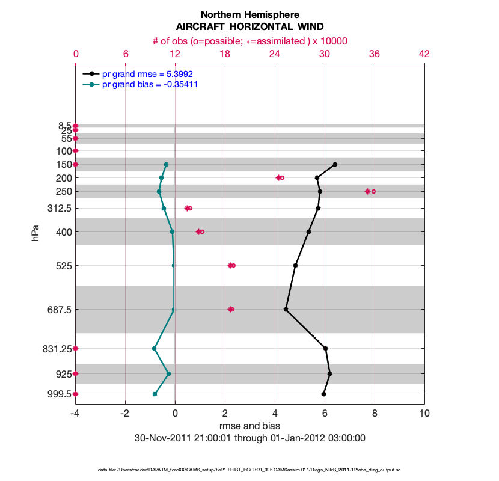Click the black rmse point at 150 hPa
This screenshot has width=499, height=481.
point(335,164)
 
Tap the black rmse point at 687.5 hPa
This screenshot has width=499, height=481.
point(286,310)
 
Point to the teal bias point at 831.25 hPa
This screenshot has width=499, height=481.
point(155,348)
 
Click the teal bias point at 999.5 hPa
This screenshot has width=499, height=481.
point(155,394)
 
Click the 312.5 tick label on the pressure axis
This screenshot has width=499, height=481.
point(59,208)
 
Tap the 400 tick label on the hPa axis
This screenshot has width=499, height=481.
point(63,231)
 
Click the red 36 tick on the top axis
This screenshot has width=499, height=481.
point(375,54)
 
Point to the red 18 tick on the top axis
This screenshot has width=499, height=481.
point(225,54)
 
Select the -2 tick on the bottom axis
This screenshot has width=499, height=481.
point(125,414)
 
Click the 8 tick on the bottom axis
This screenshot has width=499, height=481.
point(375,414)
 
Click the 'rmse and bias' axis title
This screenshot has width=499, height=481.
point(249,426)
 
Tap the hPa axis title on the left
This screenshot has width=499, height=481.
point(35,233)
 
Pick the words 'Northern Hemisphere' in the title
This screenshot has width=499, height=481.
point(249,14)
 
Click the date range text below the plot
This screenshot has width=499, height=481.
point(249,438)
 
